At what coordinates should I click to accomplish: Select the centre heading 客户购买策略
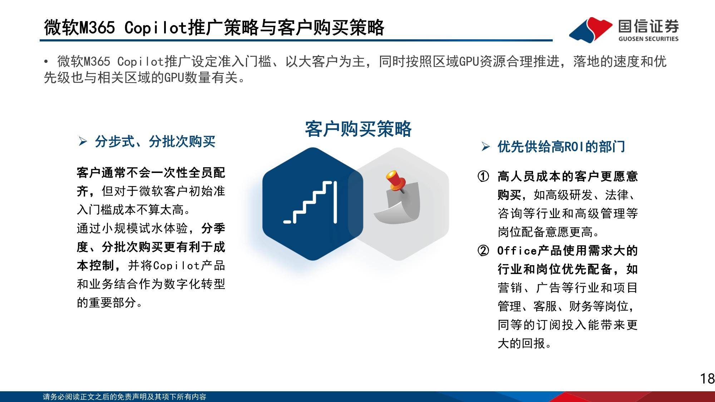point(358,129)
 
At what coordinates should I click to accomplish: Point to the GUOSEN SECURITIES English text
point(648,39)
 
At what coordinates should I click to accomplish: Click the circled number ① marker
point(483,176)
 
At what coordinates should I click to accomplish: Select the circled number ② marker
point(483,250)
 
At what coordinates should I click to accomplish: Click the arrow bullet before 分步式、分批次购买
point(83,142)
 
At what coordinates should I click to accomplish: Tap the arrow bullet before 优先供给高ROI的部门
point(485,147)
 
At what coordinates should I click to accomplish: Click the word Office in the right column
point(517,250)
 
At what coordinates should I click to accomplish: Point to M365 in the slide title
point(97,28)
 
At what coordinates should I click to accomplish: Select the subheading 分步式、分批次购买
point(155,142)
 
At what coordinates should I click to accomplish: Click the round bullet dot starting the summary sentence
point(46,62)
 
